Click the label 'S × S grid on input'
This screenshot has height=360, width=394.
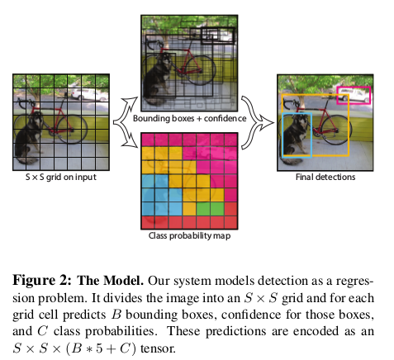(61, 177)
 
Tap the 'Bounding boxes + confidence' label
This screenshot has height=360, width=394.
(190, 118)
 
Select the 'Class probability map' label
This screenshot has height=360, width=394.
(189, 236)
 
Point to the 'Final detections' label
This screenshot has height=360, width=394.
(325, 177)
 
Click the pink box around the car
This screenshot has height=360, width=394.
(354, 88)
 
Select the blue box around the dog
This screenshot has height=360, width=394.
(283, 135)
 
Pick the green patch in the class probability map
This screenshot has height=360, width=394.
(210, 209)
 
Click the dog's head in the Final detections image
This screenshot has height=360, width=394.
(301, 121)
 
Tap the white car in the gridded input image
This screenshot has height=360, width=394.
(88, 94)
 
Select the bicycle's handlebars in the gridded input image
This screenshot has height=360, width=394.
(26, 102)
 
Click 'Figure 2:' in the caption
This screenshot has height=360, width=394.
(42, 281)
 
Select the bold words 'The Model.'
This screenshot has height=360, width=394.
(111, 281)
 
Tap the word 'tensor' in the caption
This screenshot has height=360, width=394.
(158, 348)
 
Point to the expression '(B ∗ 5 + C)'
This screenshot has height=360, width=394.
(101, 348)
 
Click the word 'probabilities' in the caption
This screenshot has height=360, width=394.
(105, 332)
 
